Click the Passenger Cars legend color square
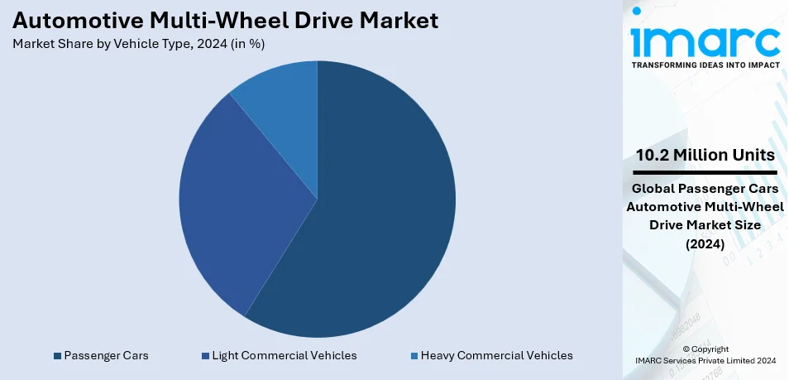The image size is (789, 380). click(x=57, y=356)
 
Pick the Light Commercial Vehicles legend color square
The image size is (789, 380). click(x=205, y=356)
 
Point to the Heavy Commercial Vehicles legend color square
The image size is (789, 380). click(x=414, y=356)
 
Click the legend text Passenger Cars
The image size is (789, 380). click(x=106, y=355)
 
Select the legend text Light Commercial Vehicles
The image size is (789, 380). click(x=285, y=355)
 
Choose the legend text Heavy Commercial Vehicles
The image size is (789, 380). click(x=496, y=355)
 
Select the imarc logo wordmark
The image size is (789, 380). click(x=705, y=39)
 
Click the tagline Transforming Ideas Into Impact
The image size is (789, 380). click(x=705, y=64)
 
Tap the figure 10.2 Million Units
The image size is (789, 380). click(x=705, y=155)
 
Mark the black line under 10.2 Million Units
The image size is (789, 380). click(x=705, y=171)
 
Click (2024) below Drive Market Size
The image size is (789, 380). click(x=705, y=243)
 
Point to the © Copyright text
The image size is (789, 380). click(x=705, y=349)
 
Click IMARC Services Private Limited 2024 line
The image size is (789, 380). click(x=705, y=360)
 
